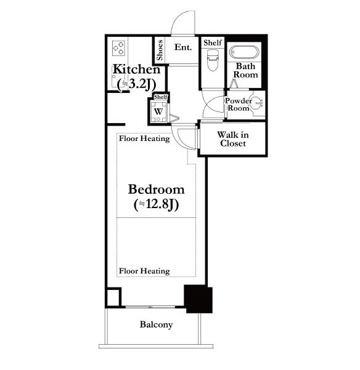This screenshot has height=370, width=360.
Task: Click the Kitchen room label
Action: pyautogui.click(x=136, y=69)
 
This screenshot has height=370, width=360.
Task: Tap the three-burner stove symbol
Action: pyautogui.click(x=118, y=48)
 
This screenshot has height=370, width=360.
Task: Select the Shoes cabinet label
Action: pyautogui.click(x=160, y=50)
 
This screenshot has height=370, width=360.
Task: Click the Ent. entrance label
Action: pyautogui.click(x=183, y=47)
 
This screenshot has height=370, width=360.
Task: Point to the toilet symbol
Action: pyautogui.click(x=213, y=60)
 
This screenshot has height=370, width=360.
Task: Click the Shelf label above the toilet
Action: pyautogui.click(x=213, y=42)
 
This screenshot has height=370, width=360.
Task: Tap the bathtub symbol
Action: pyautogui.click(x=244, y=52)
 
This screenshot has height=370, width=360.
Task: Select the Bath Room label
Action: pyautogui.click(x=245, y=70)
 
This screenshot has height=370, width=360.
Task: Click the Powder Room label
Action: pyautogui.click(x=238, y=104)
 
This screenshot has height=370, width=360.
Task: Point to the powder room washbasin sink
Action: pyautogui.click(x=256, y=103)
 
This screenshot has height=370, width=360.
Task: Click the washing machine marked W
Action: pyautogui.click(x=158, y=111)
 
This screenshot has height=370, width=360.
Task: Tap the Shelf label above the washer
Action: pyautogui.click(x=161, y=97)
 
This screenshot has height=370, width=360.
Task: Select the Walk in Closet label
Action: pyautogui.click(x=233, y=139)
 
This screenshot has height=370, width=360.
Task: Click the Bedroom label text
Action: pyautogui.click(x=156, y=190)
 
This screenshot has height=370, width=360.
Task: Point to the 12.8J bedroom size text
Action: pyautogui.click(x=156, y=204)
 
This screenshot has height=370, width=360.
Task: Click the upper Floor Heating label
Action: pyautogui.click(x=144, y=139)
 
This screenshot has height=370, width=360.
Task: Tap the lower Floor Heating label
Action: pyautogui.click(x=144, y=271)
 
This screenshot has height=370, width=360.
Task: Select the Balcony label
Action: pyautogui.click(x=156, y=324)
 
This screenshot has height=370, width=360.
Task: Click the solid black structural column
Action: pyautogui.click(x=198, y=299)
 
